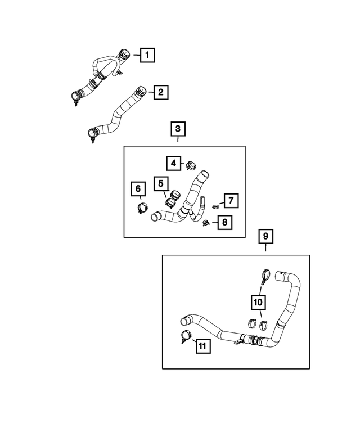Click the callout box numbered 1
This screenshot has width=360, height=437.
[x=147, y=55]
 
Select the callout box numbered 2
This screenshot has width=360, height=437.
[x=160, y=92]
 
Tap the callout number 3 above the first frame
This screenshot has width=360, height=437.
[x=178, y=130]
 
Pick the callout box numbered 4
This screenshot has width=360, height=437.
[x=174, y=163]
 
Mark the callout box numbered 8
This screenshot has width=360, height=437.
[x=224, y=222]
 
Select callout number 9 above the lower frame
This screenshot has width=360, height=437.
[x=265, y=237]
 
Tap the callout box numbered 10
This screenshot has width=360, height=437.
[x=258, y=303]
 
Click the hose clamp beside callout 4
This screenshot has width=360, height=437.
[x=190, y=165]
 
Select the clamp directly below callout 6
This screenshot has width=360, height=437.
[x=142, y=208]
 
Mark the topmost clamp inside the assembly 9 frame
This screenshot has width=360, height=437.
[x=264, y=276]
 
